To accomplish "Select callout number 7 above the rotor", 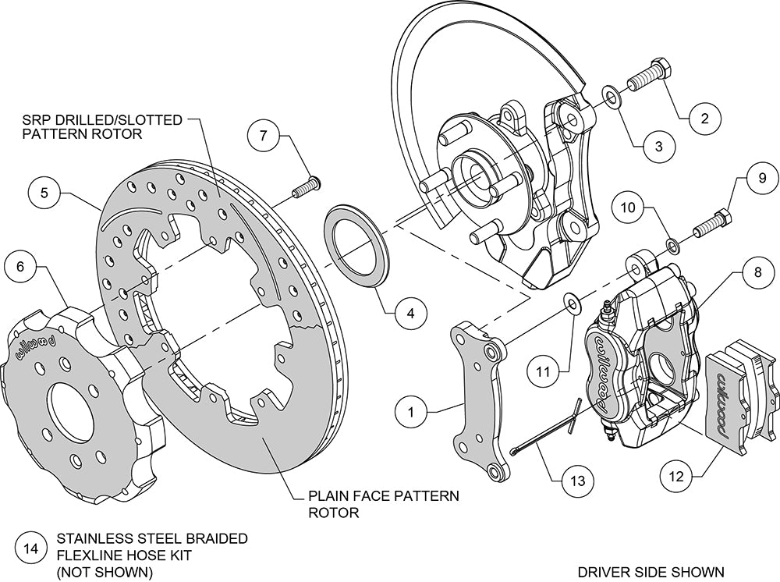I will coord(264,135).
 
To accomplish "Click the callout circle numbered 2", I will coord(704,119).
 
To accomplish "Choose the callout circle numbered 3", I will coord(658,145).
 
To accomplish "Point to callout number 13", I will coord(577,481).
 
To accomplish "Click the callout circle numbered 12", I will coord(675,473).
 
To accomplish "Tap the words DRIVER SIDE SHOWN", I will coord(640,572).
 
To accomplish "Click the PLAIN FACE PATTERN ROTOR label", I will coord(384,504).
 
